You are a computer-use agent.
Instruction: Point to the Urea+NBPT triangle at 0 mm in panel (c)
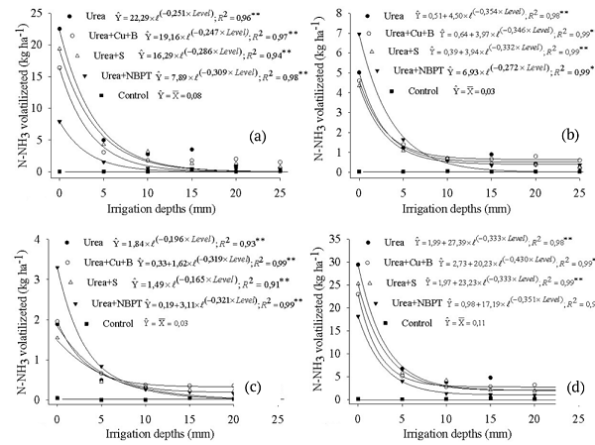[x=59, y=268]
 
